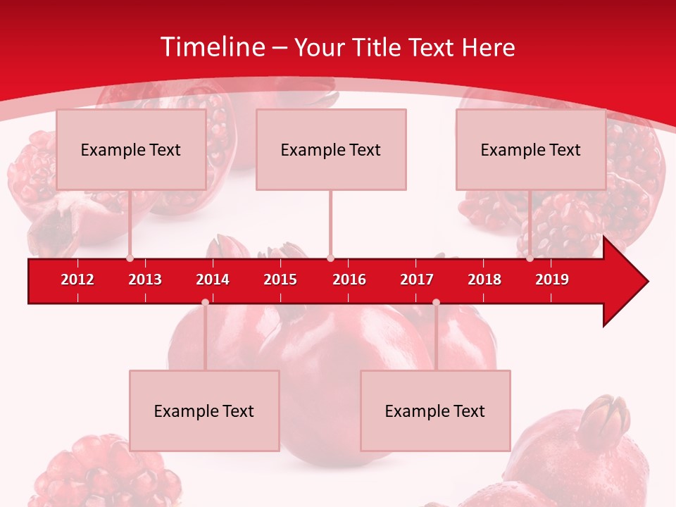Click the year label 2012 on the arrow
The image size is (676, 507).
point(77,280)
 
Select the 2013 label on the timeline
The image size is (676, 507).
point(145,280)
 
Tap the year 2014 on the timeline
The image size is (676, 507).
point(213,280)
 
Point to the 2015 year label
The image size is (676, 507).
point(280,280)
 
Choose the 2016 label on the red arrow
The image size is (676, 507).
point(349,280)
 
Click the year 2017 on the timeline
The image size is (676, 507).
point(417,280)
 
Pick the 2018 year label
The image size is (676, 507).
point(484,280)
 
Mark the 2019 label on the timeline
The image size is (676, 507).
point(552,280)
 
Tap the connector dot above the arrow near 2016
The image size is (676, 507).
point(330,258)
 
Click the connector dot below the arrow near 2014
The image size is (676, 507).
point(205,302)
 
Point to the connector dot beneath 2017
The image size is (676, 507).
point(436,302)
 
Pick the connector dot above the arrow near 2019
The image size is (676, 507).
point(530,258)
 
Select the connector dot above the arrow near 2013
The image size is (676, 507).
point(130,258)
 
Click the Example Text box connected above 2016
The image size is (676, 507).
point(331,149)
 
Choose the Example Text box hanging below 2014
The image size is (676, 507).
point(204,411)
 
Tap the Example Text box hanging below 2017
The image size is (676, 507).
point(435,411)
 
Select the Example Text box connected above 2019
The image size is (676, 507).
point(531,149)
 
